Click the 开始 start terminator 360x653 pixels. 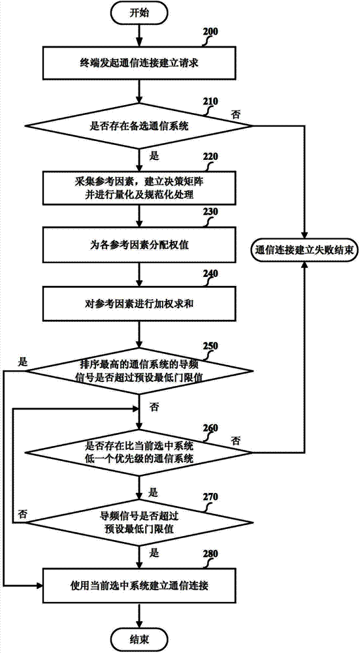[x=140, y=12]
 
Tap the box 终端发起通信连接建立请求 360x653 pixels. [x=140, y=63]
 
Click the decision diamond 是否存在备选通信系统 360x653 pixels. [x=140, y=127]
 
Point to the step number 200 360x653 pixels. [x=210, y=32]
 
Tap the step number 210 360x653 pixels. [x=210, y=101]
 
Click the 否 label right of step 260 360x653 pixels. [x=236, y=439]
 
